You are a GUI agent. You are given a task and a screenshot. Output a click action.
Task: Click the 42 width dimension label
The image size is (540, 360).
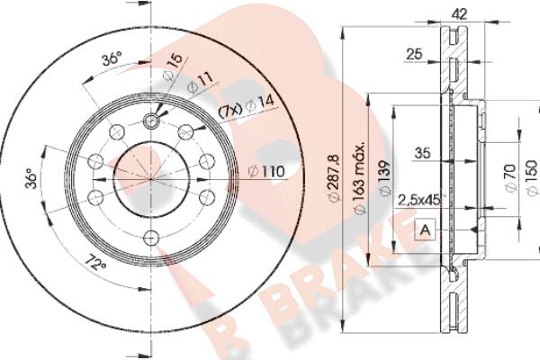(x=459, y=13)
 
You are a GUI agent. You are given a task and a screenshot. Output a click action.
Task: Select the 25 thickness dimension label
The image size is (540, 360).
(x=414, y=54)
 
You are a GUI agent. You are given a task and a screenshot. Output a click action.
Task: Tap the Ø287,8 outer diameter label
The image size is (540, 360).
(x=334, y=178)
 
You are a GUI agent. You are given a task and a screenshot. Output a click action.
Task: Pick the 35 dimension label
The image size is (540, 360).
(x=422, y=153)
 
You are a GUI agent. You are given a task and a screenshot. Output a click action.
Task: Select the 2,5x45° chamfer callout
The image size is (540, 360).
(x=421, y=200)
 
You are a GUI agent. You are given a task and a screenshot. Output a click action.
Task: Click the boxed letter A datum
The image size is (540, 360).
(x=426, y=229)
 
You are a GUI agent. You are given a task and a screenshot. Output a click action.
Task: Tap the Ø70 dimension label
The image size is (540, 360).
(x=510, y=178)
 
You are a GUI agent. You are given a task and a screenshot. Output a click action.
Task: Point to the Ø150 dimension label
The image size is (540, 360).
(x=532, y=178)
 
